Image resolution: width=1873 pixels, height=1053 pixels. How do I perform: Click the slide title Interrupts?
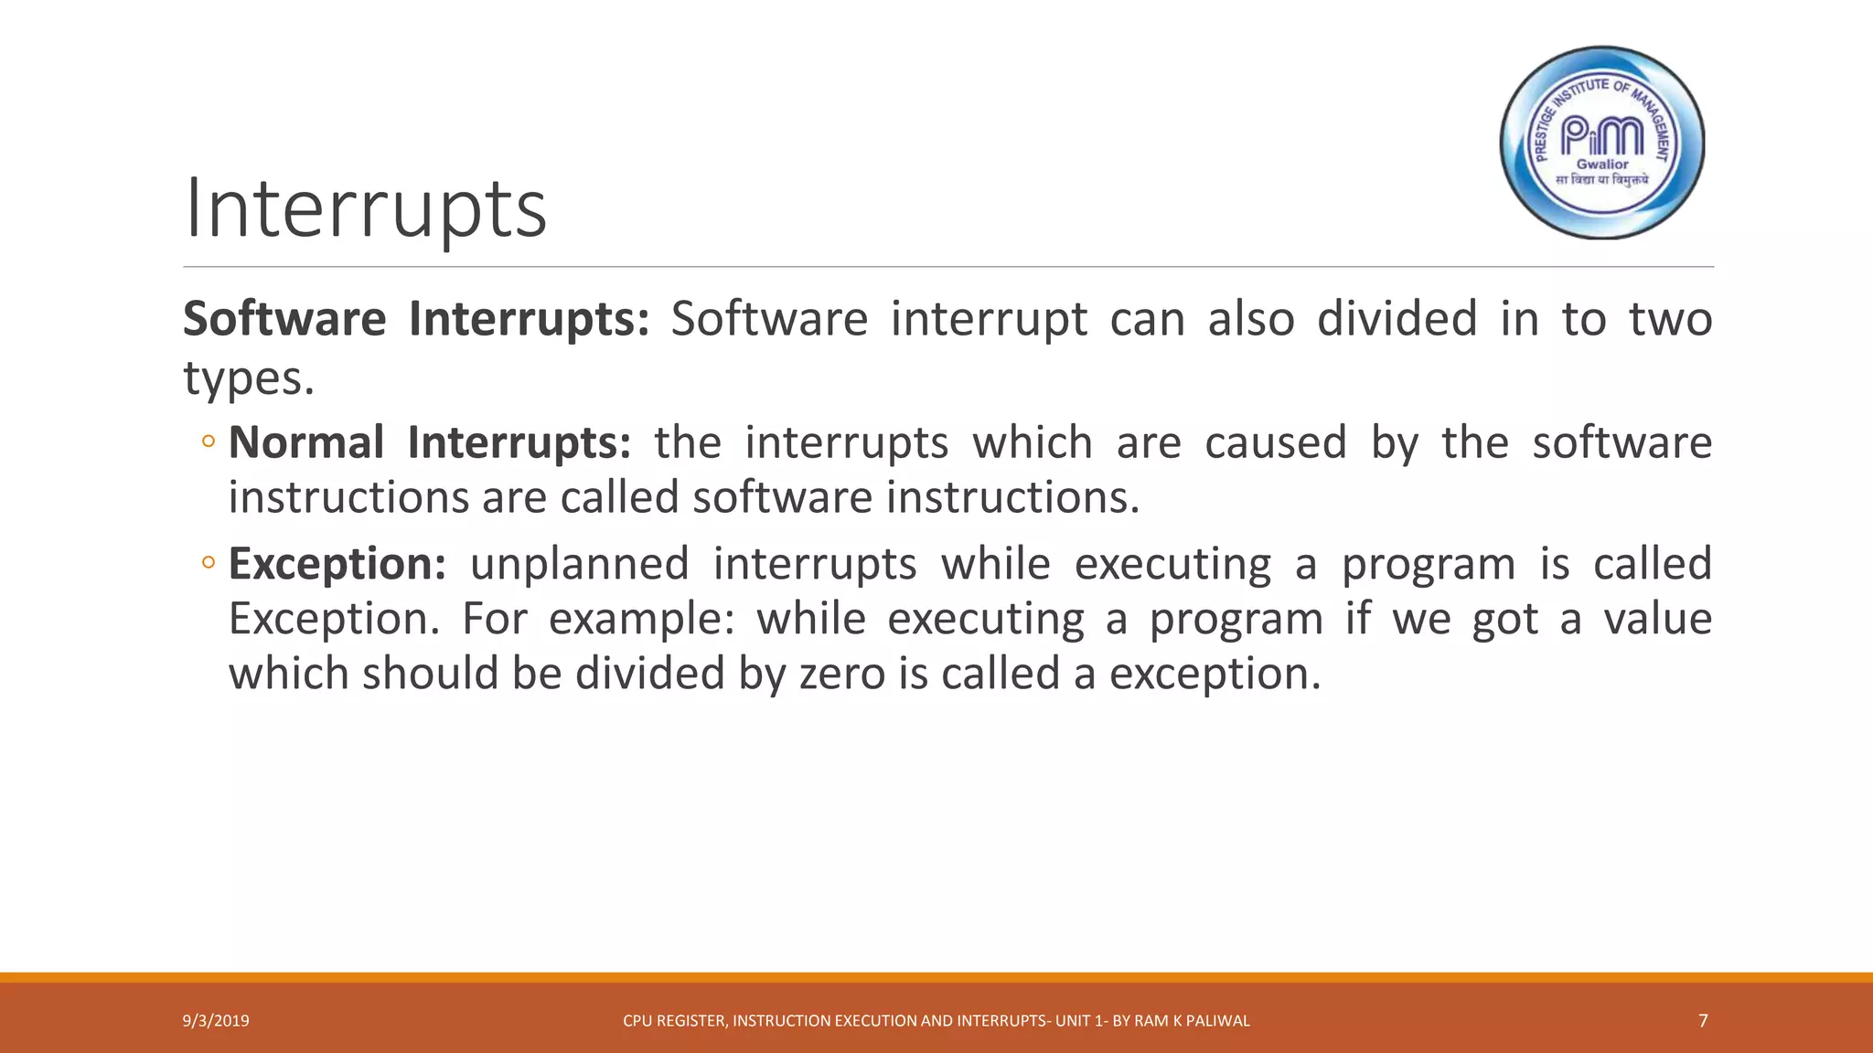click(x=366, y=210)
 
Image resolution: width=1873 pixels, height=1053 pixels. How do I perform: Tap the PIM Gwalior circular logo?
click(x=1602, y=143)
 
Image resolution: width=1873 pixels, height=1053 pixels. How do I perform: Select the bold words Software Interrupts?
click(x=416, y=320)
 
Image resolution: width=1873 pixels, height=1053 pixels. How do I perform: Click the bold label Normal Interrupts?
click(x=430, y=443)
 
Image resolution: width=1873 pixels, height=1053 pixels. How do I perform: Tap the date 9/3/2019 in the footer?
click(x=216, y=1021)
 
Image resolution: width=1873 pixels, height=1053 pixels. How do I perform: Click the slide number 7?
click(x=1703, y=1021)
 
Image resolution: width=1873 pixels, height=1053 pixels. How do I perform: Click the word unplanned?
click(x=580, y=564)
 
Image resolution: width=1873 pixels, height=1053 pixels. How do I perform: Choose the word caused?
click(x=1276, y=443)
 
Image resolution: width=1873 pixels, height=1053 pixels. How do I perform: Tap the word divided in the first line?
click(x=1397, y=320)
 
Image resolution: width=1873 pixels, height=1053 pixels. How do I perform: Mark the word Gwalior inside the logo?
click(x=1602, y=165)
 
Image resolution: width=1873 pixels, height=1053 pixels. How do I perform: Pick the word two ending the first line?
click(x=1670, y=320)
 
